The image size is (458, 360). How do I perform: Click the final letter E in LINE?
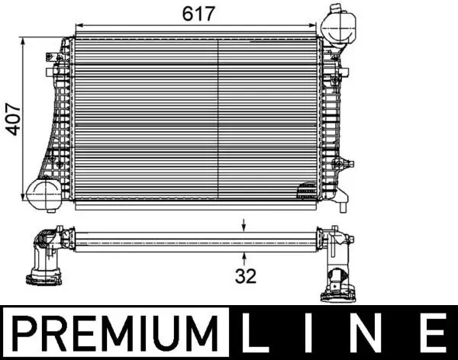tap(433, 333)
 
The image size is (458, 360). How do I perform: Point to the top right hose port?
tap(336, 24)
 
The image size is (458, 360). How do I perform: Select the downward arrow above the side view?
tap(244, 224)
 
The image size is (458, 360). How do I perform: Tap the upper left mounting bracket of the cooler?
tap(56, 56)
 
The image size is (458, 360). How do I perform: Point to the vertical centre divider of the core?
tap(219, 118)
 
